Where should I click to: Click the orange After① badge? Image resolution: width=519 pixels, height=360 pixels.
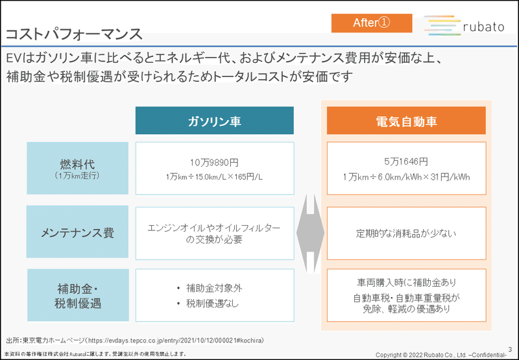coord(372,23)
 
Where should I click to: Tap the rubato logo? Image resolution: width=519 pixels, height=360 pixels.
coord(464,25)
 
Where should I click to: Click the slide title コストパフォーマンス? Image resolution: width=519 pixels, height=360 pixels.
coord(74,34)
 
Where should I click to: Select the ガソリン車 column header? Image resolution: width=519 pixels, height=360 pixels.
coord(215,121)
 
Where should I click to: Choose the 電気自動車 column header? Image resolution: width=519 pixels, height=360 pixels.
coord(406,121)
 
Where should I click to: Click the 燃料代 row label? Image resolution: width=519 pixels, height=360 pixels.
coord(77,168)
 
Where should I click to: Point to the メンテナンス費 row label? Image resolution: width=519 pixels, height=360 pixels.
coord(77,232)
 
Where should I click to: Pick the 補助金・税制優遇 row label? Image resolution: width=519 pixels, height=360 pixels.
coord(78,295)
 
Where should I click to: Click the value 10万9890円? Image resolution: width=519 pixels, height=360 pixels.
coord(214,163)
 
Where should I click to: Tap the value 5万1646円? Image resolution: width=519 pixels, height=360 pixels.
coord(406,162)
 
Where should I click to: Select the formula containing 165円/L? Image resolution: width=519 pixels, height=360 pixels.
coord(214,177)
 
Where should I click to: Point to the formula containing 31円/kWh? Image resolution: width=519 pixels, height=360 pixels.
coord(406,177)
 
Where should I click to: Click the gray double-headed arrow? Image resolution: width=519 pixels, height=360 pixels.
coord(310,234)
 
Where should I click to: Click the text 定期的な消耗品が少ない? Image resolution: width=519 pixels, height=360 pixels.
coord(406,234)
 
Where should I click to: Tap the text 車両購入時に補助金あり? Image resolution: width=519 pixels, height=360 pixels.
coord(407,283)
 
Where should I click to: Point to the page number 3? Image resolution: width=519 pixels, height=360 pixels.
coord(510,350)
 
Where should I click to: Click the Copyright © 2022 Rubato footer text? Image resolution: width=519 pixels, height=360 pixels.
coord(441,355)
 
